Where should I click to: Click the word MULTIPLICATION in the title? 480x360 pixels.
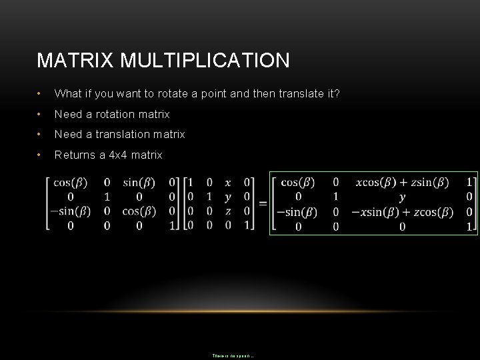point(204,61)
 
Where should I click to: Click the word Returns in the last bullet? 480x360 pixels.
point(73,155)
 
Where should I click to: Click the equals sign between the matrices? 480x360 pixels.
point(262,203)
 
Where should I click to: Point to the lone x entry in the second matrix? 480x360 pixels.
point(228,182)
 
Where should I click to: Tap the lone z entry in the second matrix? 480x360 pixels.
point(228,211)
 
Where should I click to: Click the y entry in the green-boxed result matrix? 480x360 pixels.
point(401,197)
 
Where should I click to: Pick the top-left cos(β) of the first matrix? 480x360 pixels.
point(71,182)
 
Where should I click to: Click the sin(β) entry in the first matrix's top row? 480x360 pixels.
point(139,182)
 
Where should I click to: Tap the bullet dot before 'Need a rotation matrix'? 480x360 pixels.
point(41,114)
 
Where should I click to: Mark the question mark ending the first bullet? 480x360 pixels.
point(337,93)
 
